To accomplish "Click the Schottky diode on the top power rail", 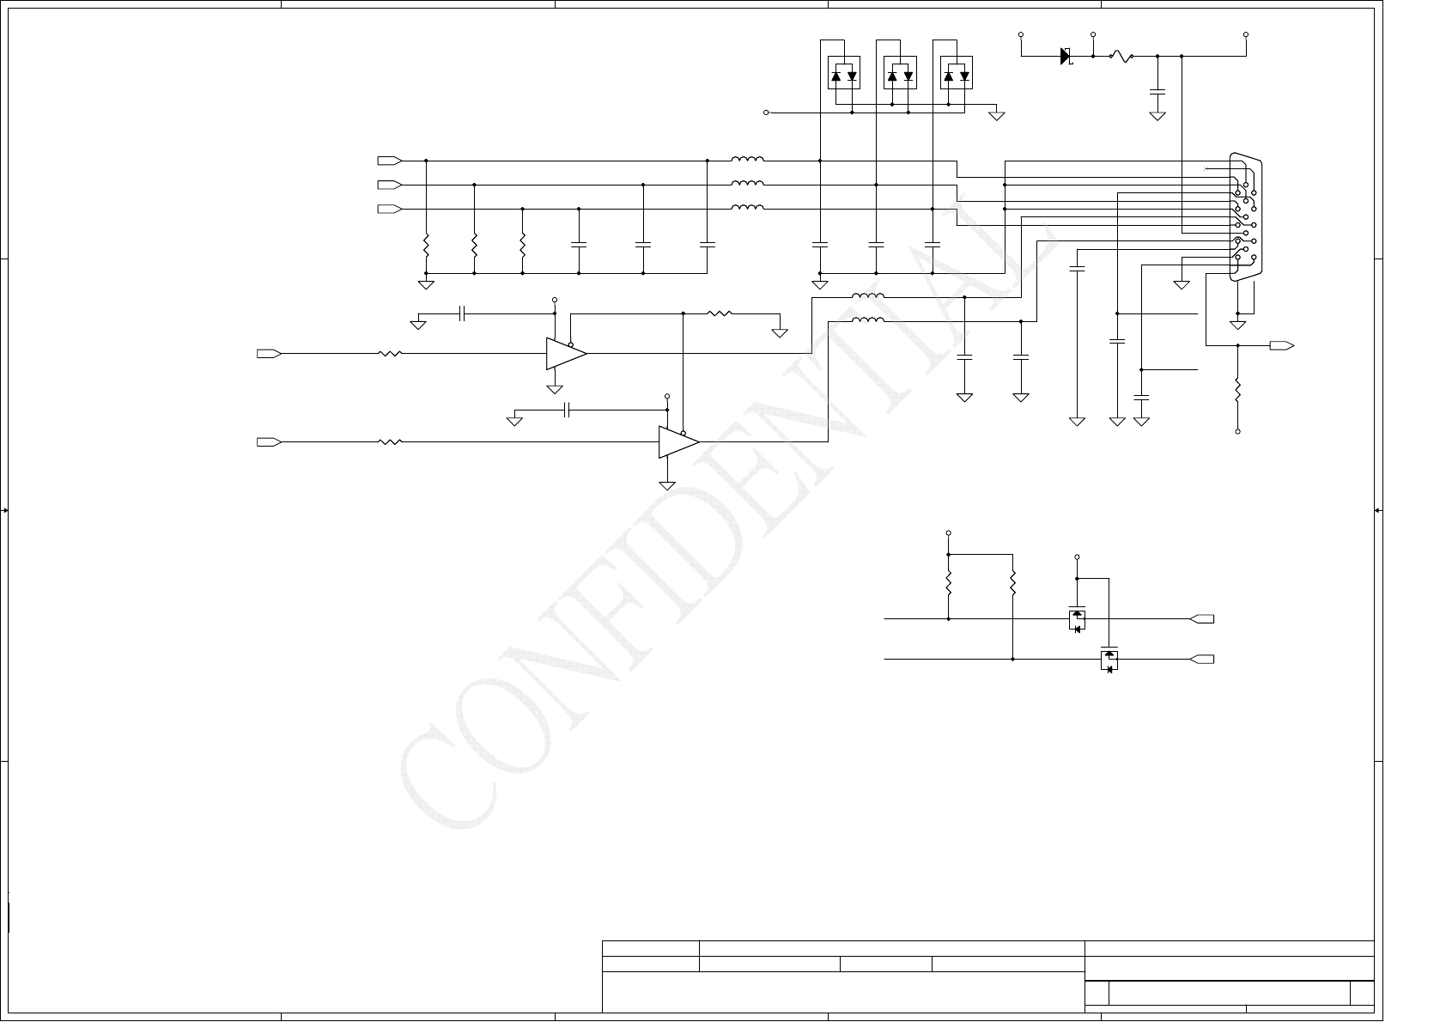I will pos(1066,57).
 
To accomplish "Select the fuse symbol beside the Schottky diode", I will pos(1121,57).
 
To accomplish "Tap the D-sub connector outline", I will pos(1244,216).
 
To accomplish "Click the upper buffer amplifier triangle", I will pos(565,353).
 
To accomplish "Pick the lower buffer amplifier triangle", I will pos(677,441).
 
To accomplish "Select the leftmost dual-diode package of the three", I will pos(843,73).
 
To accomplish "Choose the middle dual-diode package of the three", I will pos(900,73).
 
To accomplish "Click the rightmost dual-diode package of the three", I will pos(957,73).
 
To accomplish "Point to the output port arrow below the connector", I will pos(1282,345).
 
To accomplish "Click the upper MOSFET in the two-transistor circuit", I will pos(1077,618).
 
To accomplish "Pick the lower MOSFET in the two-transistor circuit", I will pos(1109,660).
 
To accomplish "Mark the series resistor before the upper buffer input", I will pos(391,353).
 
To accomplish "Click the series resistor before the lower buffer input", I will pos(391,441).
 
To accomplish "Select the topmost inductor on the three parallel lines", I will pos(747,160).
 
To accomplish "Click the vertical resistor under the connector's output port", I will pos(1237,391).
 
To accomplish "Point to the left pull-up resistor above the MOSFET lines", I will pos(949,584).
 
